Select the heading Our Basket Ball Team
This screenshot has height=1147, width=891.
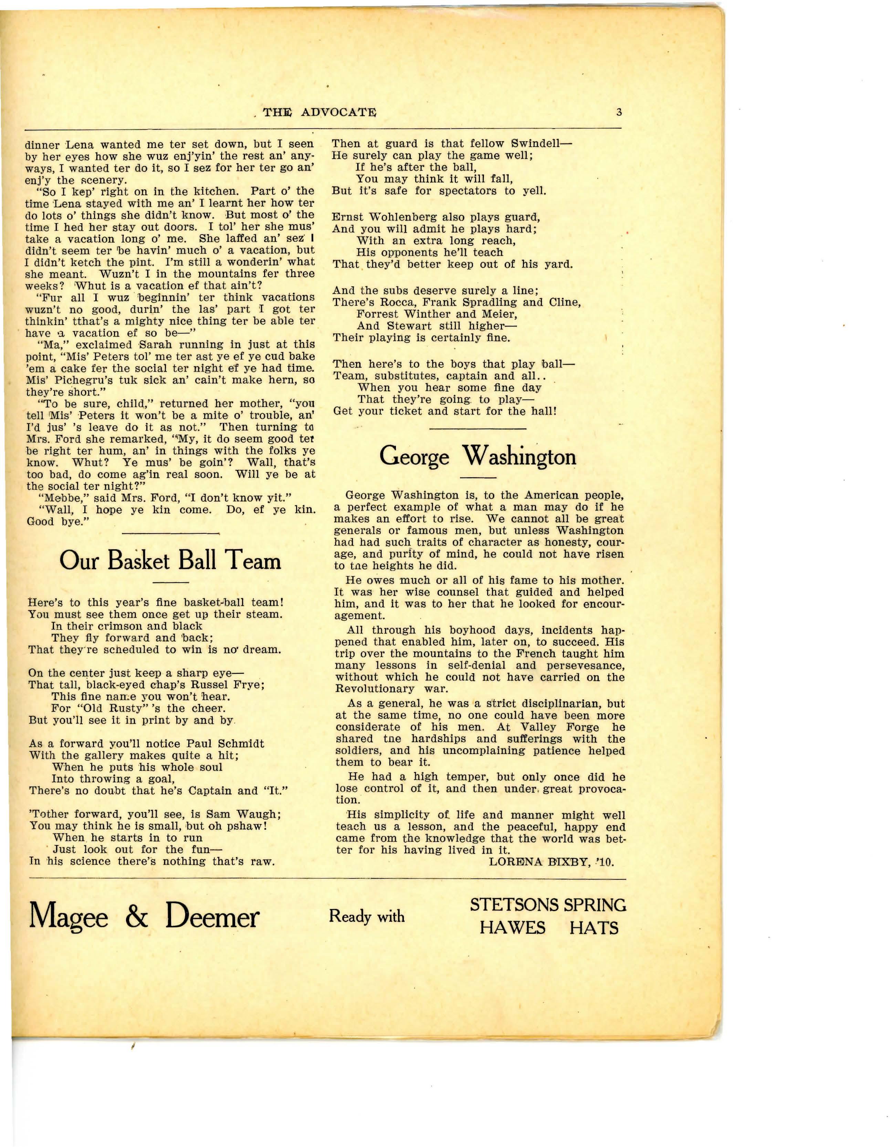[170, 561]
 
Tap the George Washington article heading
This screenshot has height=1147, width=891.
[477, 456]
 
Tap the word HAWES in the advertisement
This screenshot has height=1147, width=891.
[512, 928]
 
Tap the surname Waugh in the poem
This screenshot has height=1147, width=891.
[258, 814]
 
